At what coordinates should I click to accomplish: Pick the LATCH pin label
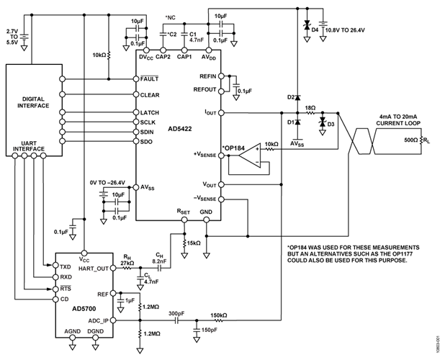pos(150,112)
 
